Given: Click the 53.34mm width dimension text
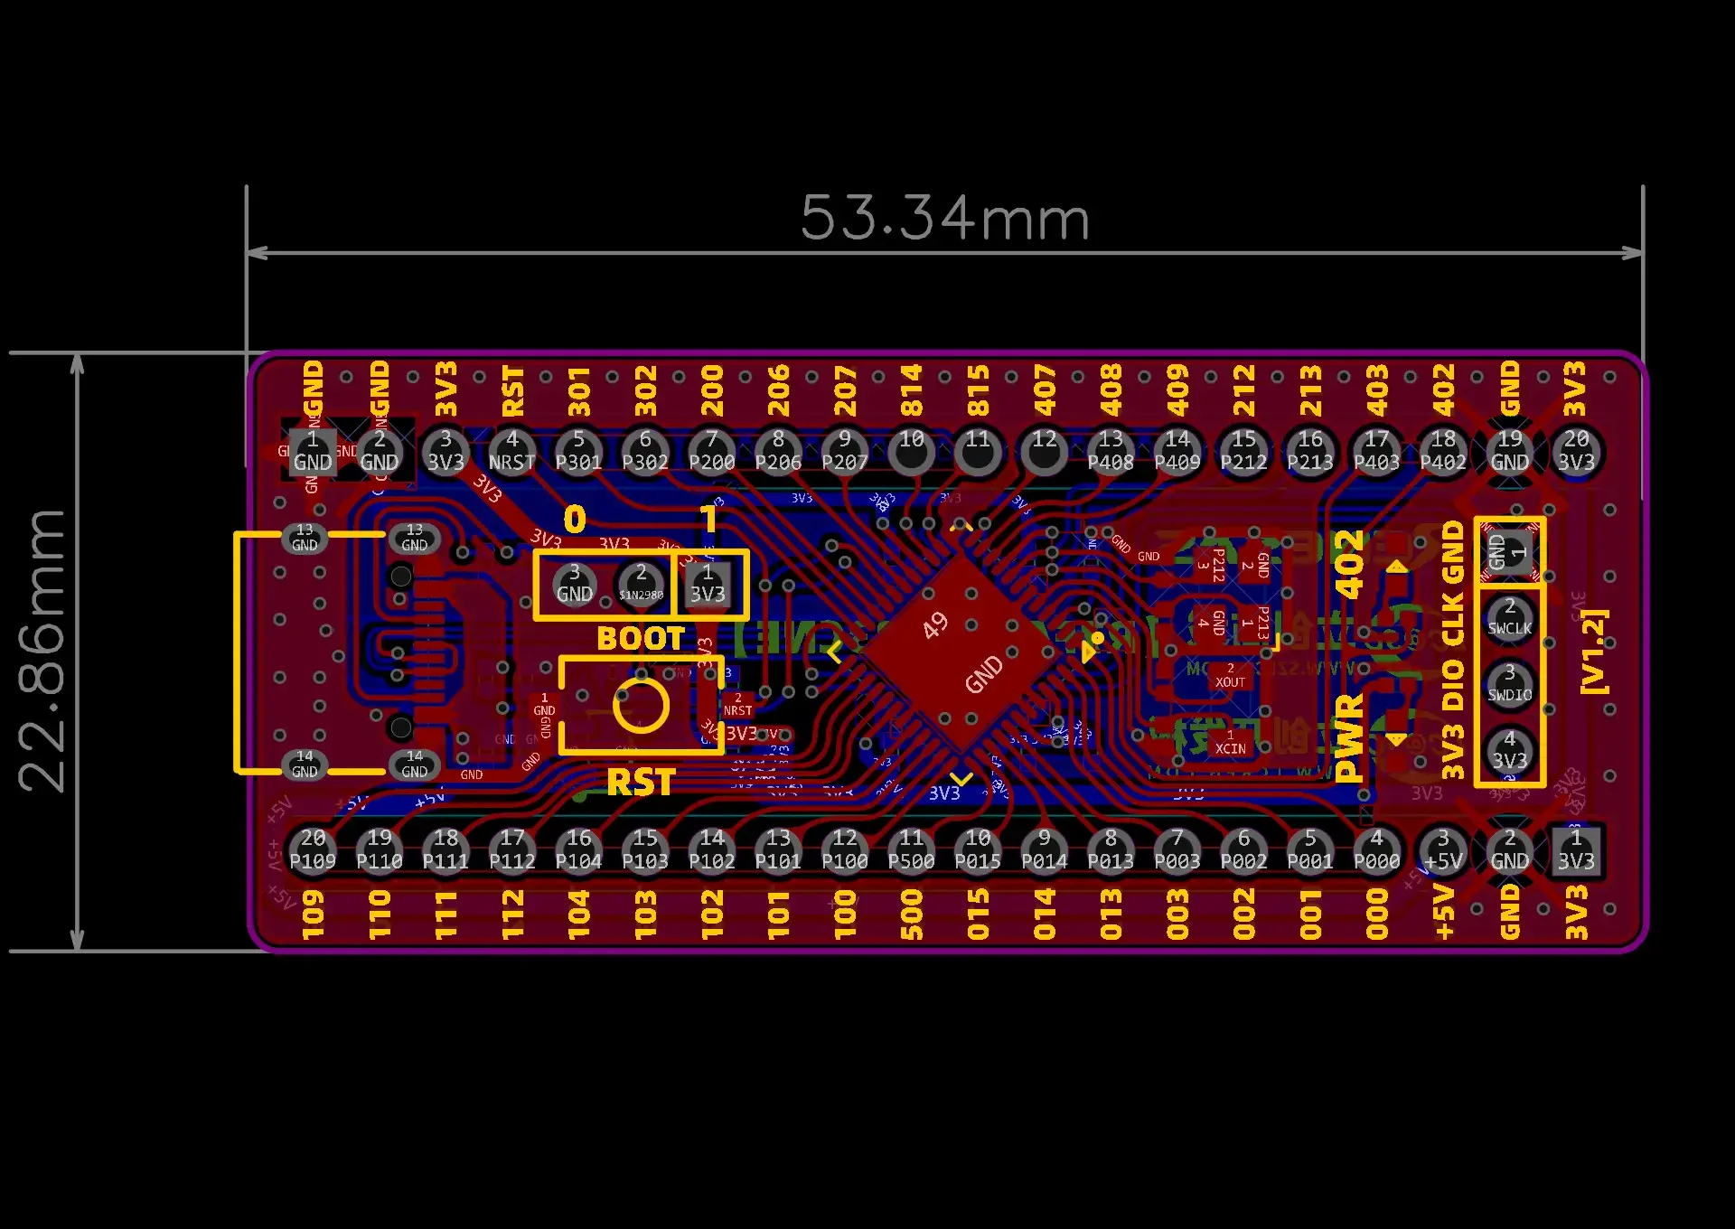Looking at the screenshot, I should coord(944,219).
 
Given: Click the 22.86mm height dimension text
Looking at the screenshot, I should coord(42,651).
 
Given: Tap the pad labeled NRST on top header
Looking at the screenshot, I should coord(512,451).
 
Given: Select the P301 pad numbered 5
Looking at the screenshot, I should coord(578,451).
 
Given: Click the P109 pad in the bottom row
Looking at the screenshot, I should coord(313,850).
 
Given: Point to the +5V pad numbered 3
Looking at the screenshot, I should coord(1443,850).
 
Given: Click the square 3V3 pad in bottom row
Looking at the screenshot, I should coord(1576,850).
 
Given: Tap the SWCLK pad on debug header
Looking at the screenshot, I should coord(1509,618).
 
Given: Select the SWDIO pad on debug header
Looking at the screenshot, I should coord(1509,684).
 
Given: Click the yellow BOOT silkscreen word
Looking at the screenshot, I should coord(641,639).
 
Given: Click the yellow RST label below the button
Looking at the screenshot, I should coord(641,783).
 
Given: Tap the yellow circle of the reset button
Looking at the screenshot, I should coord(641,706).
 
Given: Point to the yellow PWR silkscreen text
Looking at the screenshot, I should coord(1349,737).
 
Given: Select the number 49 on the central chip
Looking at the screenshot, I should coord(935,624).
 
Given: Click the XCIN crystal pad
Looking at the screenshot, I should coord(1230,743).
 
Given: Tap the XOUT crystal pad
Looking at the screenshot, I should coord(1230,676).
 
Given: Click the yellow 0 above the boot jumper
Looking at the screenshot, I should coord(575,520).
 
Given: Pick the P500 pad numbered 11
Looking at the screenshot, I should coord(911,850).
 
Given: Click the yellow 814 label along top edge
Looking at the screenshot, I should coord(911,389).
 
